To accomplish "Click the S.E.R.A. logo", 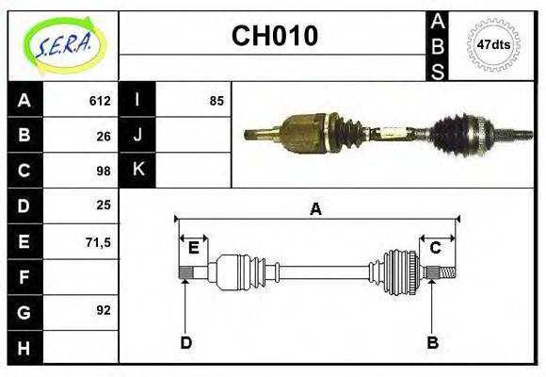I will pos(63,43).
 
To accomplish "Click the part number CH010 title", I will pos(274,37).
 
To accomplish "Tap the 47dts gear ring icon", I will pos(493,44).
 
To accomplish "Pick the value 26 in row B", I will pos(104,136).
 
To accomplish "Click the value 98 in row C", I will pos(104,171).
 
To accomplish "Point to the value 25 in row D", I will pos(104,205).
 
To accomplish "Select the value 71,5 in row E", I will pos(99,241).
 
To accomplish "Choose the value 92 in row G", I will pos(104,310).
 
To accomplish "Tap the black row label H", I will pos(24,348).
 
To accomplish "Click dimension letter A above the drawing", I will pos(315,209).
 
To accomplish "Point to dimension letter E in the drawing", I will pos(193,248).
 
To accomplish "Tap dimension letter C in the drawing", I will pos(435,248).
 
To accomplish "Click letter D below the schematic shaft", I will pos(185,342).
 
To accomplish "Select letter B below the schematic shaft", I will pos(432,342).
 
